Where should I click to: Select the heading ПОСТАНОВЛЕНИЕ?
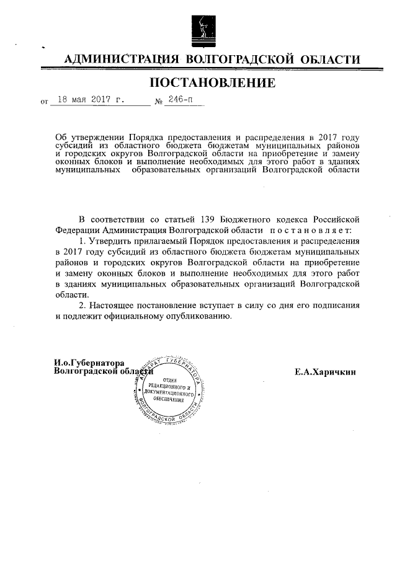point(210,82)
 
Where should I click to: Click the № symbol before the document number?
point(158,101)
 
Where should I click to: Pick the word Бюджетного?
point(252,219)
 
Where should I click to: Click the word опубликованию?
point(197,316)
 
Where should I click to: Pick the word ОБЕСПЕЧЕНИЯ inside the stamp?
point(169,399)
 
